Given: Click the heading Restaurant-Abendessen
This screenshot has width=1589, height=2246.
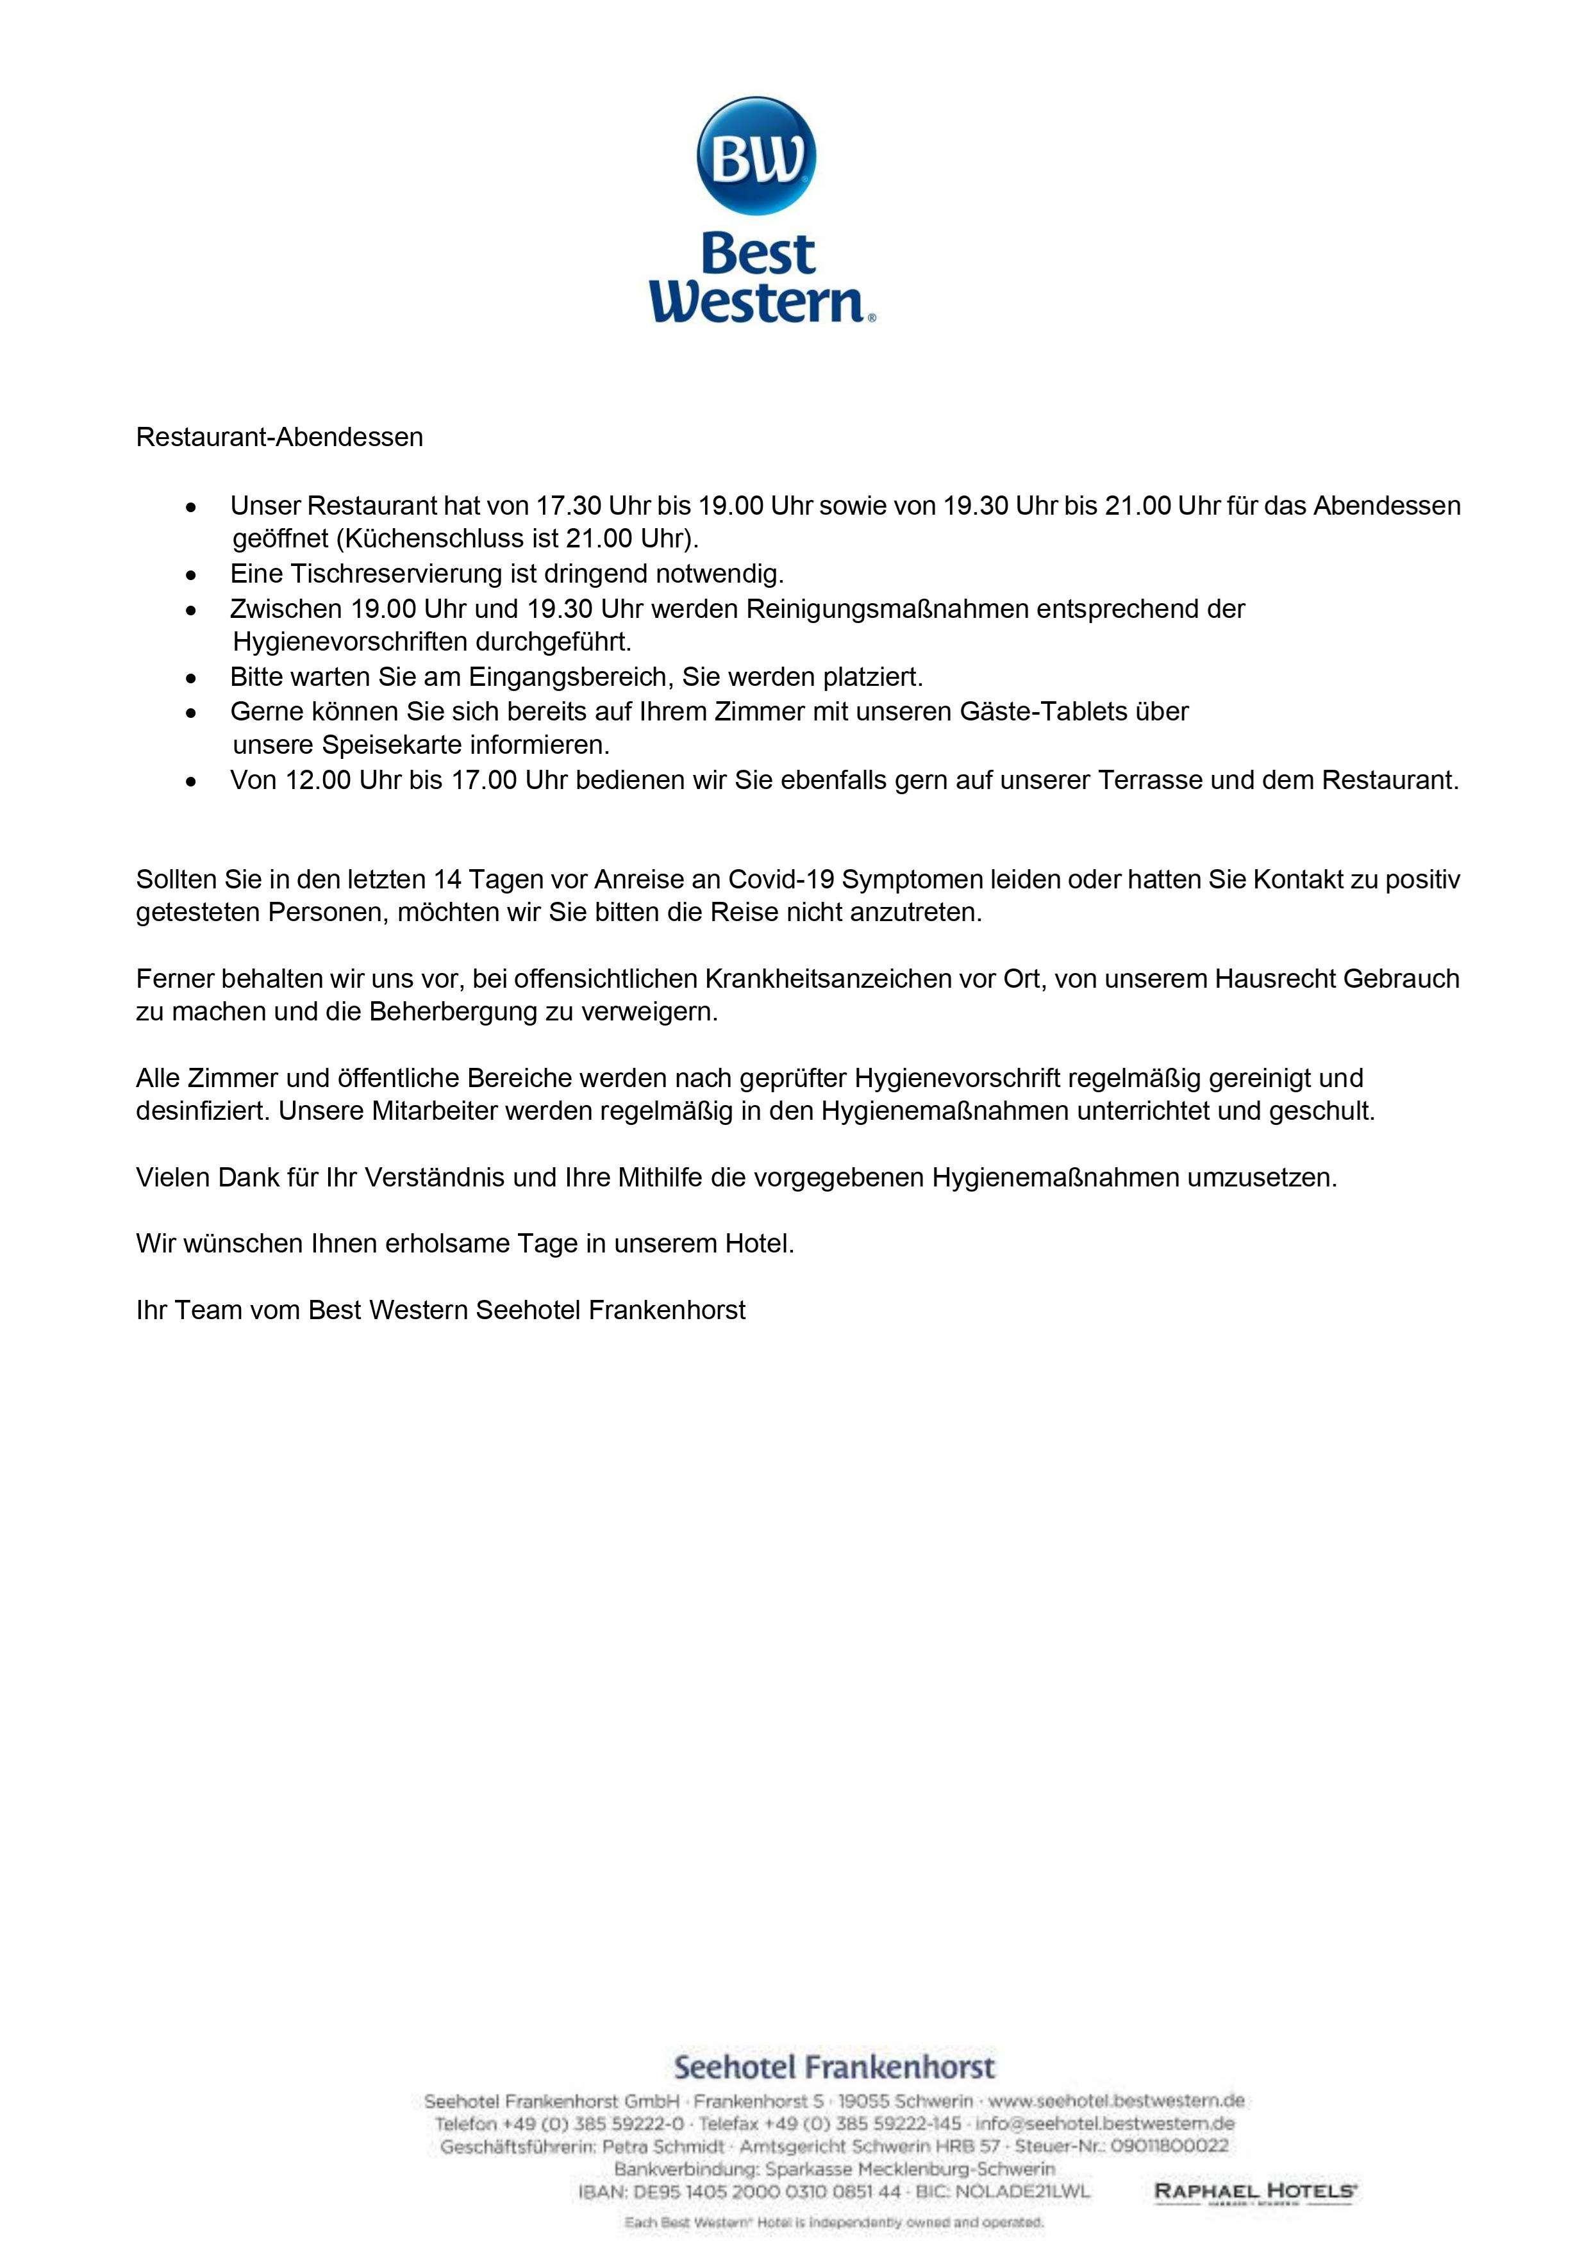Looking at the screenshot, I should point(280,437).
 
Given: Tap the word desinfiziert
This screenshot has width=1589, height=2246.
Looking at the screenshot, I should point(201,1111).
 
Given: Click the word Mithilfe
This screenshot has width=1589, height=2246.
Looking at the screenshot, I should point(660,1177).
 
